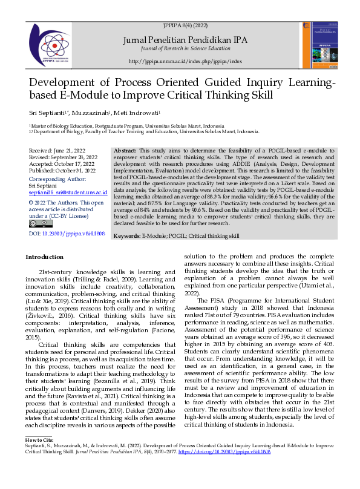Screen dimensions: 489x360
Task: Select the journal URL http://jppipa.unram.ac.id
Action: click(185, 62)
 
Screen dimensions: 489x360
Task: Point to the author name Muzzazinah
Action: click(93, 113)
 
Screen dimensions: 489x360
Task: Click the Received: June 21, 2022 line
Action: click(59, 149)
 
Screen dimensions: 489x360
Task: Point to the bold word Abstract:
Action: click(125, 149)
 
